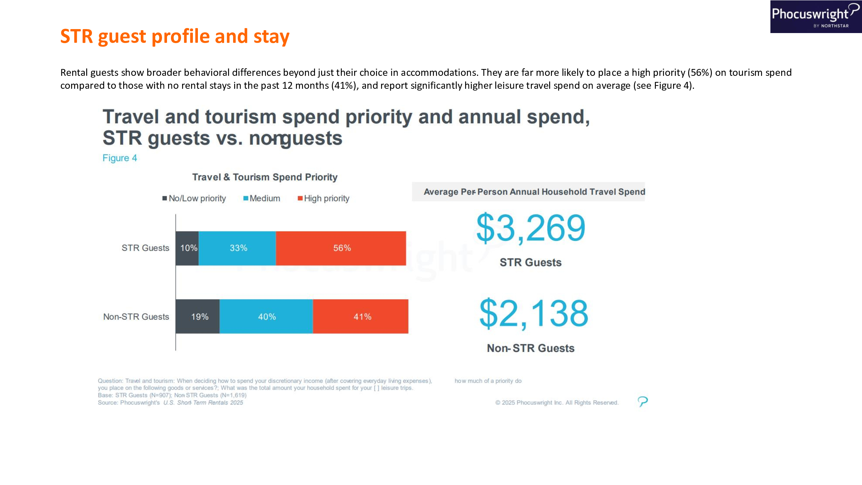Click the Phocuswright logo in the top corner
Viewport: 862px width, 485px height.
point(815,17)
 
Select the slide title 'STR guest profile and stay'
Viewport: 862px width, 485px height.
point(175,36)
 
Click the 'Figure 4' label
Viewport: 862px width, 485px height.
point(120,158)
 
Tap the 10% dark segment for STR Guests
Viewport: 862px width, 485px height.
point(187,248)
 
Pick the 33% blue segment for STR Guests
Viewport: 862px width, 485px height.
point(237,248)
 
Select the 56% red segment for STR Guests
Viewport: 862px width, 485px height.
point(341,248)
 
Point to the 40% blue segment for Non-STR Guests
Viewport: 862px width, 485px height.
point(266,317)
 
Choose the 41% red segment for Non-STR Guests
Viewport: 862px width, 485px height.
point(361,317)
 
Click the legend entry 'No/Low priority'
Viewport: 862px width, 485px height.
point(194,198)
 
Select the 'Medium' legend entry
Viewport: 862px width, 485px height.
point(262,198)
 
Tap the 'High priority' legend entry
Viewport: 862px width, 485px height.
point(324,198)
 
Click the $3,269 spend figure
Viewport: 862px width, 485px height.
point(530,228)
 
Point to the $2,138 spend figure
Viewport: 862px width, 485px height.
point(534,314)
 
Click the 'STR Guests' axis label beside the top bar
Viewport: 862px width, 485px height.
point(145,248)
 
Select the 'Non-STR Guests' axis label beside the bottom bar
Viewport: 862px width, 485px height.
point(136,317)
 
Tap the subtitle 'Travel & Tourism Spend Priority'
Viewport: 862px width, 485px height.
point(265,177)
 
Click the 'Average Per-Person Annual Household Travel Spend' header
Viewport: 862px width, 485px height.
point(534,192)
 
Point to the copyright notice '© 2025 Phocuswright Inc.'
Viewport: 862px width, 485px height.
point(557,403)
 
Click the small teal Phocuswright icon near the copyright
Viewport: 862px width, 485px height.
point(643,401)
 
